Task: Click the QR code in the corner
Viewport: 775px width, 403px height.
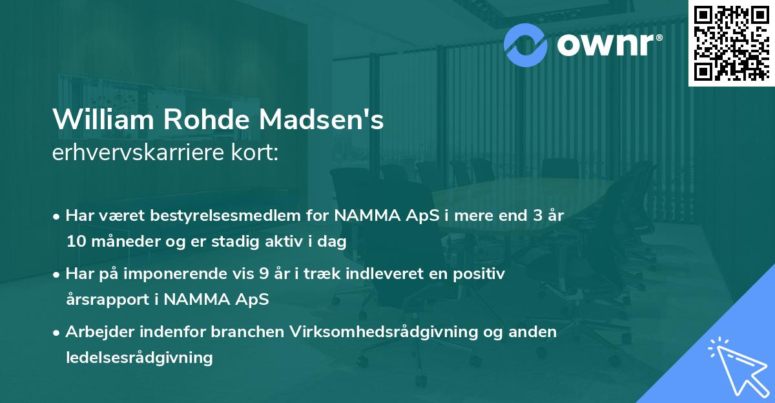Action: (731, 43)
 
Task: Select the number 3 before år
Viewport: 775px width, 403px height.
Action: (534, 216)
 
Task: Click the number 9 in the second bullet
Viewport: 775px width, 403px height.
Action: (264, 274)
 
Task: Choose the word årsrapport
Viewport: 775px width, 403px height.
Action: (101, 300)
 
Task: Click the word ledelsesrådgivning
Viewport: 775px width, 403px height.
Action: (139, 357)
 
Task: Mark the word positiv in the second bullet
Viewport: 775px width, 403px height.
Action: (481, 274)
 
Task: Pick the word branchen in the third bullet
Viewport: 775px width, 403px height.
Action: (227, 332)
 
